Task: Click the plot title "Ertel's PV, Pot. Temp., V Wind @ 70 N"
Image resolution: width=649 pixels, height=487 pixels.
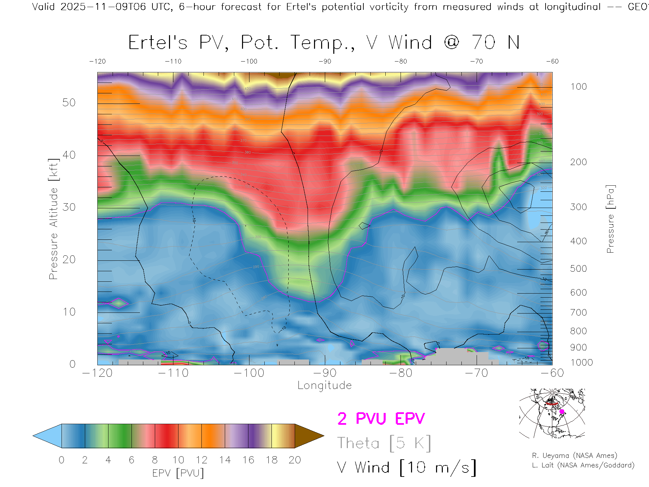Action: pos(324,43)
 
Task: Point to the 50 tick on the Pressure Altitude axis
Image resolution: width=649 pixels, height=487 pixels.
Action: pos(69,103)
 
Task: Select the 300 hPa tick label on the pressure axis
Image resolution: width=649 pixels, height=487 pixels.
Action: pos(578,207)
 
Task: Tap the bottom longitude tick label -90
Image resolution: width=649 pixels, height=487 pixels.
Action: pos(325,373)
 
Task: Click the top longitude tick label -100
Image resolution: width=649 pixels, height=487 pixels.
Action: pos(249,62)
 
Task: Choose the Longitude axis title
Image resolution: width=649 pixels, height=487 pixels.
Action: pos(324,386)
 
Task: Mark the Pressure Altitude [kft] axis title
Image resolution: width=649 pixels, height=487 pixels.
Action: pos(53,219)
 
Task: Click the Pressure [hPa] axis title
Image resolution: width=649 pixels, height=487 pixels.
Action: pos(610,219)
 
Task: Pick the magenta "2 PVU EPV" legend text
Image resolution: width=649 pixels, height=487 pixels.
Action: pos(381,419)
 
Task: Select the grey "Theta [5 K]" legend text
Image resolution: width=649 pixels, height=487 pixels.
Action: pos(384,443)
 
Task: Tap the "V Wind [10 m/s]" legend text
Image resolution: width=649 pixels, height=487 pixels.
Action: pos(407,468)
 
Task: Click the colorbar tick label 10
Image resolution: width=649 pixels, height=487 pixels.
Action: pos(178,460)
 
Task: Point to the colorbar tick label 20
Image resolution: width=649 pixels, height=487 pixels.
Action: pos(295,460)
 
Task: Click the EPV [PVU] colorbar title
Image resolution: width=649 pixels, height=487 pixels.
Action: pos(178,473)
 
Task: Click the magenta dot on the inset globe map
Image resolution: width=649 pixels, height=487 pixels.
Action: pos(562,412)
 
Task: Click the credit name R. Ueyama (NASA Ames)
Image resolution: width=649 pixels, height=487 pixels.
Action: pos(574,456)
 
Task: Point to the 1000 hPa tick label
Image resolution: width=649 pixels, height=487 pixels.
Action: pos(581,363)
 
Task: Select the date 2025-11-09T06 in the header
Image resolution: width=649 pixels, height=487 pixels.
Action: pos(103,7)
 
